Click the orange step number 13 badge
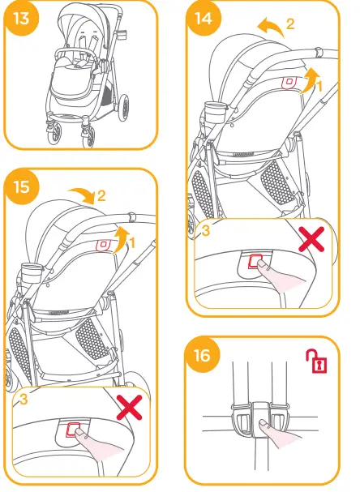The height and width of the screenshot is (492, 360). (21, 19)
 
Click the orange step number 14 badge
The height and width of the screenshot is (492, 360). (204, 18)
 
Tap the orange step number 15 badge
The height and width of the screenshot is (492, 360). (22, 186)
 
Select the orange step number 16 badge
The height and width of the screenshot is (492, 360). (203, 356)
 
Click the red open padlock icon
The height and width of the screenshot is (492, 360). (317, 361)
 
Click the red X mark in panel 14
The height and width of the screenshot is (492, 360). (311, 239)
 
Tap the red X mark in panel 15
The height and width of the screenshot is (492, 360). (129, 407)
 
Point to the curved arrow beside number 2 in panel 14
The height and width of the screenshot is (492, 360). (270, 27)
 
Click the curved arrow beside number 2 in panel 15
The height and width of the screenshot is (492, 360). (82, 193)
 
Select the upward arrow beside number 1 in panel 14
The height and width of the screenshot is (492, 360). (311, 80)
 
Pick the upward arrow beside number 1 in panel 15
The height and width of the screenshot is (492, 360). (122, 240)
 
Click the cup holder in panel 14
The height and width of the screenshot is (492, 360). (216, 113)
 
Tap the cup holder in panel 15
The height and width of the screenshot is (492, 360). (32, 274)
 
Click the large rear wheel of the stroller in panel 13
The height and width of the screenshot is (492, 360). (124, 107)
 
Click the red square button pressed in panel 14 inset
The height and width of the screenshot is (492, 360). (255, 261)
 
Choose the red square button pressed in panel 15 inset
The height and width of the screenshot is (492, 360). (73, 430)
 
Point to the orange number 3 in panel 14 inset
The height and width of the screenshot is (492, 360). (205, 231)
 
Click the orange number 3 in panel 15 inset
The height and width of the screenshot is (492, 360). (24, 399)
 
